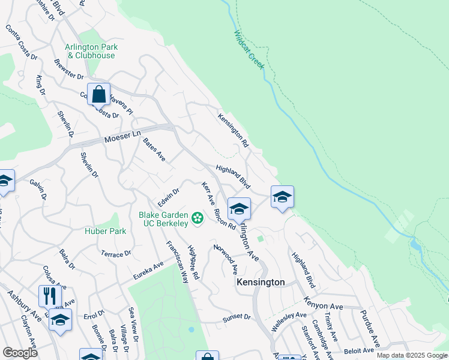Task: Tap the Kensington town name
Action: pyautogui.click(x=261, y=281)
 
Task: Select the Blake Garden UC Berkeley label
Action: pyautogui.click(x=163, y=219)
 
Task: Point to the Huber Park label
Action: pyautogui.click(x=105, y=231)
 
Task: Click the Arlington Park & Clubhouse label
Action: pyautogui.click(x=91, y=51)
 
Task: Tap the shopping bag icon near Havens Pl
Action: pyautogui.click(x=98, y=94)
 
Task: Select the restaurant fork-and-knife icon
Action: pyautogui.click(x=50, y=296)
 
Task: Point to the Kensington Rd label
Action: pyautogui.click(x=233, y=130)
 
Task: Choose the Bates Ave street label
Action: pyautogui.click(x=154, y=149)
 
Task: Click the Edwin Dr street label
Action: pyautogui.click(x=169, y=197)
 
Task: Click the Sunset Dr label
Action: pyautogui.click(x=236, y=317)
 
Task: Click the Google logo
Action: pyautogui.click(x=20, y=352)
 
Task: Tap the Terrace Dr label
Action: pyautogui.click(x=116, y=254)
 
